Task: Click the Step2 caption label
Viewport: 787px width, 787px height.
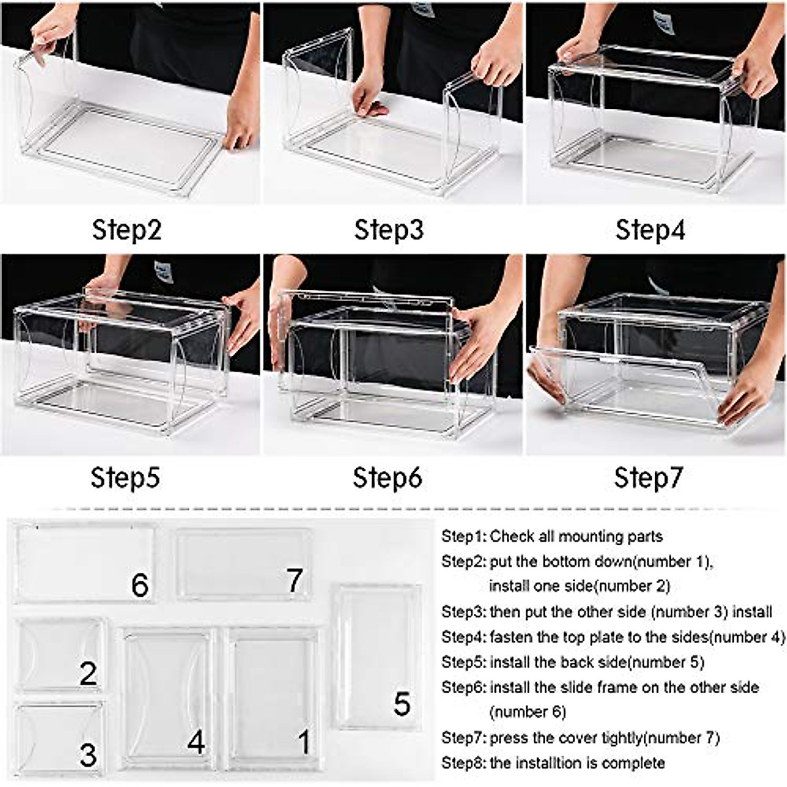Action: click(127, 230)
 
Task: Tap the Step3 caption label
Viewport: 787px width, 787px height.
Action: click(389, 230)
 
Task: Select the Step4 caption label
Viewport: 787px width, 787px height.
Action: click(650, 230)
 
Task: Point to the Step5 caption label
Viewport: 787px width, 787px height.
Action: click(125, 477)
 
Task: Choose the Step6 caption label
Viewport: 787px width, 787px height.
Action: click(388, 477)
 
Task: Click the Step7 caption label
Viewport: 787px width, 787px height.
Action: click(649, 477)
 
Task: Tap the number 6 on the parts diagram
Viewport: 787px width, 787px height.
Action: click(140, 585)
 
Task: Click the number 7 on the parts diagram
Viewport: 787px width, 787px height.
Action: click(294, 580)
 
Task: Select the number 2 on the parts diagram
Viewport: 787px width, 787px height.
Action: click(88, 674)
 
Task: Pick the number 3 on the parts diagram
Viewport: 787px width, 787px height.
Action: click(88, 755)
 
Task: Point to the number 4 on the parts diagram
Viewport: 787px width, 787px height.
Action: click(196, 742)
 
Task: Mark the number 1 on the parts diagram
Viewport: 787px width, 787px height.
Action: click(304, 742)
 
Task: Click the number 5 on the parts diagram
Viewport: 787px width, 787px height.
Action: click(401, 704)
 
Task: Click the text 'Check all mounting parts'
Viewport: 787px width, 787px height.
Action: click(576, 536)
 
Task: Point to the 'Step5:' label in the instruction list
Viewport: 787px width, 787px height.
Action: click(464, 662)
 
